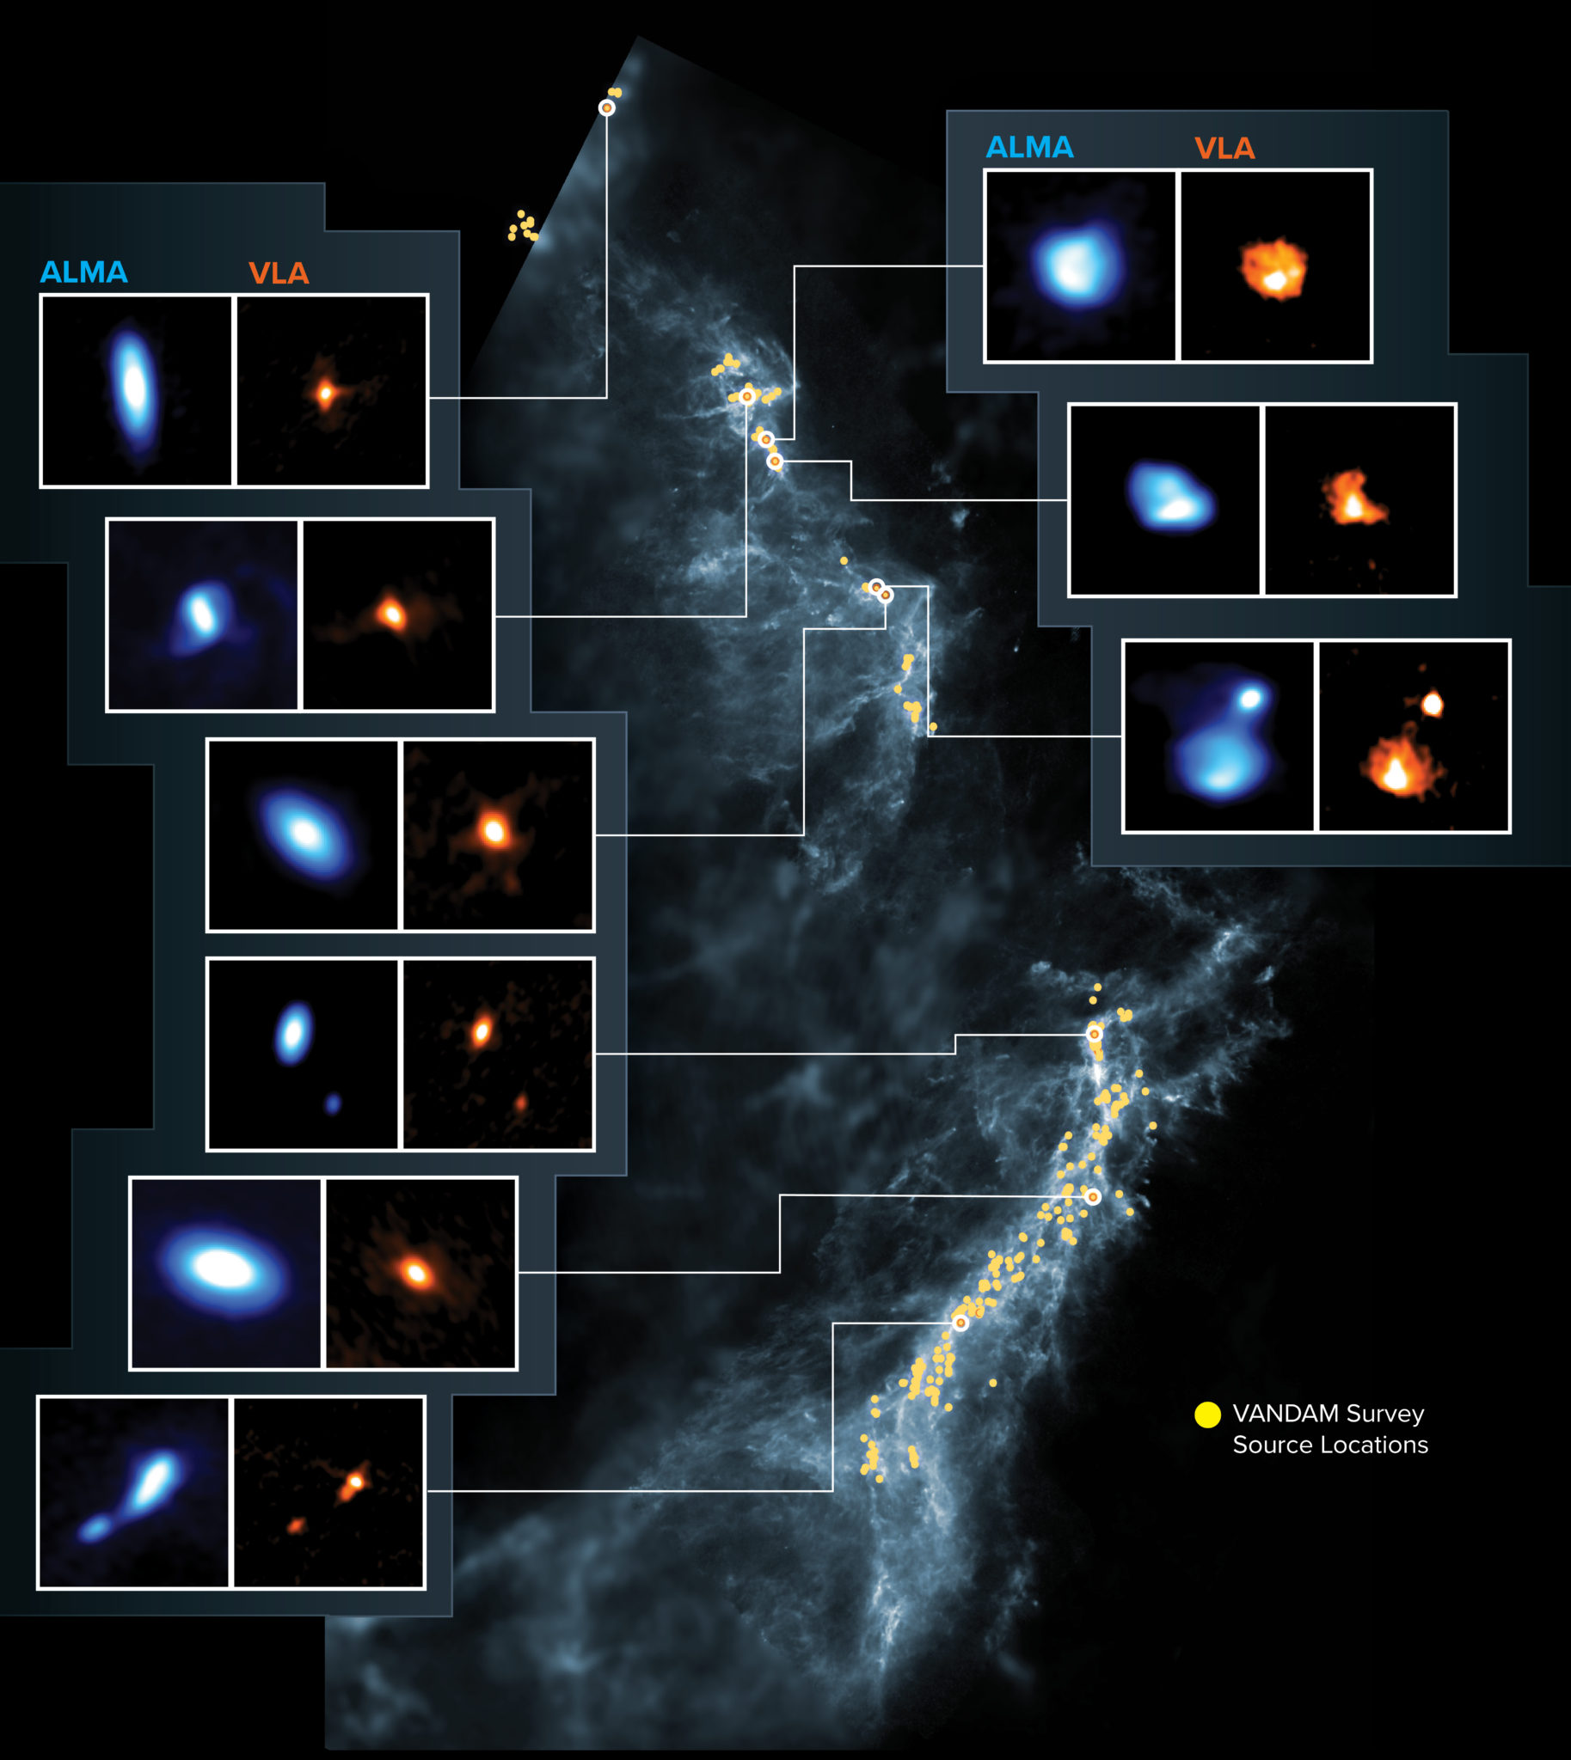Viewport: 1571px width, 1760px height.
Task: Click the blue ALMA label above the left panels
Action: tap(83, 272)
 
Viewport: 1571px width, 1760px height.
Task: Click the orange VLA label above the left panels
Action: tap(278, 273)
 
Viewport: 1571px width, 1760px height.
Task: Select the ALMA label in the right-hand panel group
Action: tap(1029, 148)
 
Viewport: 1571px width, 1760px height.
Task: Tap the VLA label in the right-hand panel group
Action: tap(1224, 149)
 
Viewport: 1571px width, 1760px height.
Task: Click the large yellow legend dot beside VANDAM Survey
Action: tap(1206, 1414)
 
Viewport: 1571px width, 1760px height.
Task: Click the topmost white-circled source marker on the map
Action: tap(607, 107)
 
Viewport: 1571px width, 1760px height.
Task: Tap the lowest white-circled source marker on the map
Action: tap(960, 1323)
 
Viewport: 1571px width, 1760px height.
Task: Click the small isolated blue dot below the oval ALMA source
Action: tap(332, 1103)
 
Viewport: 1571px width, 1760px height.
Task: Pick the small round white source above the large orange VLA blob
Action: tap(1432, 704)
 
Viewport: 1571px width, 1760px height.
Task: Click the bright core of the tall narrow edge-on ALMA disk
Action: tap(134, 388)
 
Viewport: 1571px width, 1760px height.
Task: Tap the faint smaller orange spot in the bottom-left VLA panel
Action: tap(296, 1526)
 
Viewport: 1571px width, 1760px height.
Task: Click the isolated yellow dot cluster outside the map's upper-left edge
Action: tap(523, 226)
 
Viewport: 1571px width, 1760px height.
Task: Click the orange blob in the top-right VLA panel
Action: tap(1274, 269)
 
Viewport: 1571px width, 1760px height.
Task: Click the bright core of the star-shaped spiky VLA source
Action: tap(494, 832)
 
